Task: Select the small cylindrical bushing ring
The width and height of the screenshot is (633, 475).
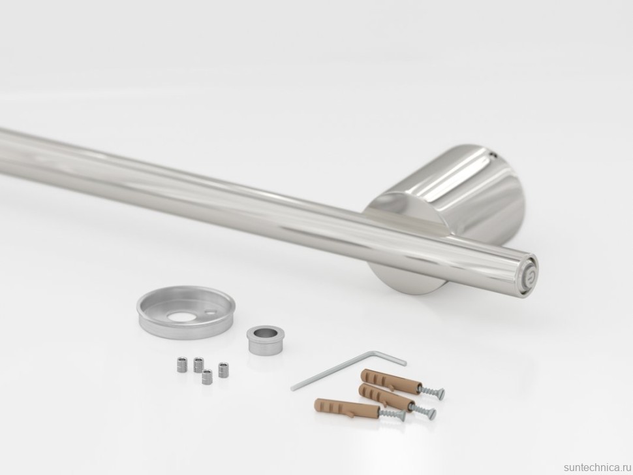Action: click(262, 340)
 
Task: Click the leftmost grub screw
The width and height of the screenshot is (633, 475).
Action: click(182, 365)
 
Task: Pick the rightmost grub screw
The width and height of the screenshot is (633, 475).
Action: click(223, 370)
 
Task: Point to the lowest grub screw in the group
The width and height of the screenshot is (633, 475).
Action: click(208, 377)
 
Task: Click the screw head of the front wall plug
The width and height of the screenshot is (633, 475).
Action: click(401, 415)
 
